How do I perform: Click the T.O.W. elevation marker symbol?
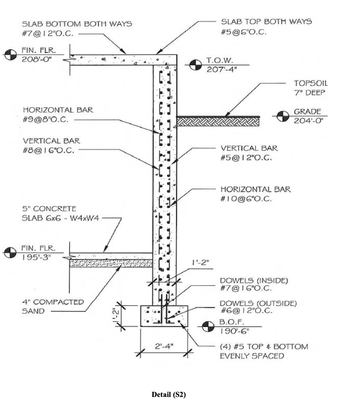(x=195, y=65)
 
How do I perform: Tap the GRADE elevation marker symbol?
(x=283, y=116)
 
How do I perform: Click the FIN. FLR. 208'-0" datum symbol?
(x=10, y=55)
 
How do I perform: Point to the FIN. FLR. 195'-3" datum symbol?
(x=10, y=253)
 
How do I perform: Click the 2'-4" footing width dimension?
(x=164, y=346)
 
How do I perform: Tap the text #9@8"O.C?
(x=46, y=120)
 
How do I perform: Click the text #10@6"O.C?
(x=246, y=199)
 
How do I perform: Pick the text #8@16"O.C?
(x=48, y=150)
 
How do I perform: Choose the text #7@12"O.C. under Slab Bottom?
(x=48, y=34)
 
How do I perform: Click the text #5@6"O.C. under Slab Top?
(x=244, y=32)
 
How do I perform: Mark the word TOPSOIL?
(x=311, y=83)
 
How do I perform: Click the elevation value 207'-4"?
(x=222, y=69)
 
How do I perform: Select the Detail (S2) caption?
(x=169, y=394)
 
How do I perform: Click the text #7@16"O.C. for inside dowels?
(x=246, y=288)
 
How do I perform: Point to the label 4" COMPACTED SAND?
(x=52, y=306)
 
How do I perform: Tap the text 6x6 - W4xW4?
(x=60, y=218)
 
